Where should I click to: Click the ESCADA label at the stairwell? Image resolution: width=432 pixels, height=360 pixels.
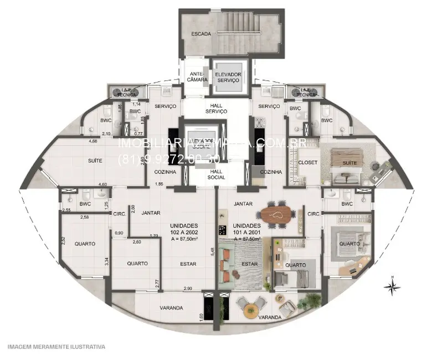click(x=201, y=34)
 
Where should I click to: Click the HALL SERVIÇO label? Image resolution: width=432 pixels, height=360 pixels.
click(x=216, y=108)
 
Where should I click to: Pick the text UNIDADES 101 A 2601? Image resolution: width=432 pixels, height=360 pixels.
click(x=247, y=229)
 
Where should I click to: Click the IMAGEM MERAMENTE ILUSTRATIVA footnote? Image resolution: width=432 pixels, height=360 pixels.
click(x=56, y=347)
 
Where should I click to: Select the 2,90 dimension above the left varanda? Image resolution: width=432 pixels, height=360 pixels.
click(x=188, y=289)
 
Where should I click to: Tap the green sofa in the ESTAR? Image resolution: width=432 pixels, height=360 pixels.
click(x=227, y=264)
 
